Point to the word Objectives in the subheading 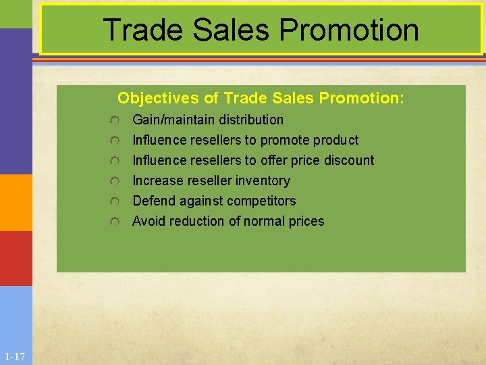pyautogui.click(x=159, y=98)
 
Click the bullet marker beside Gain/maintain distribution pyautogui.click(x=116, y=120)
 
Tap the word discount pyautogui.click(x=349, y=160)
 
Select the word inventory pyautogui.click(x=263, y=180)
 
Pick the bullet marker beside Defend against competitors pyautogui.click(x=116, y=201)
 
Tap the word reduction pyautogui.click(x=197, y=221)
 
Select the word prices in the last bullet pyautogui.click(x=305, y=221)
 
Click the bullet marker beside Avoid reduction pyautogui.click(x=116, y=222)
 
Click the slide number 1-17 pyautogui.click(x=14, y=356)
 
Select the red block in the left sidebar pyautogui.click(x=16, y=258)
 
